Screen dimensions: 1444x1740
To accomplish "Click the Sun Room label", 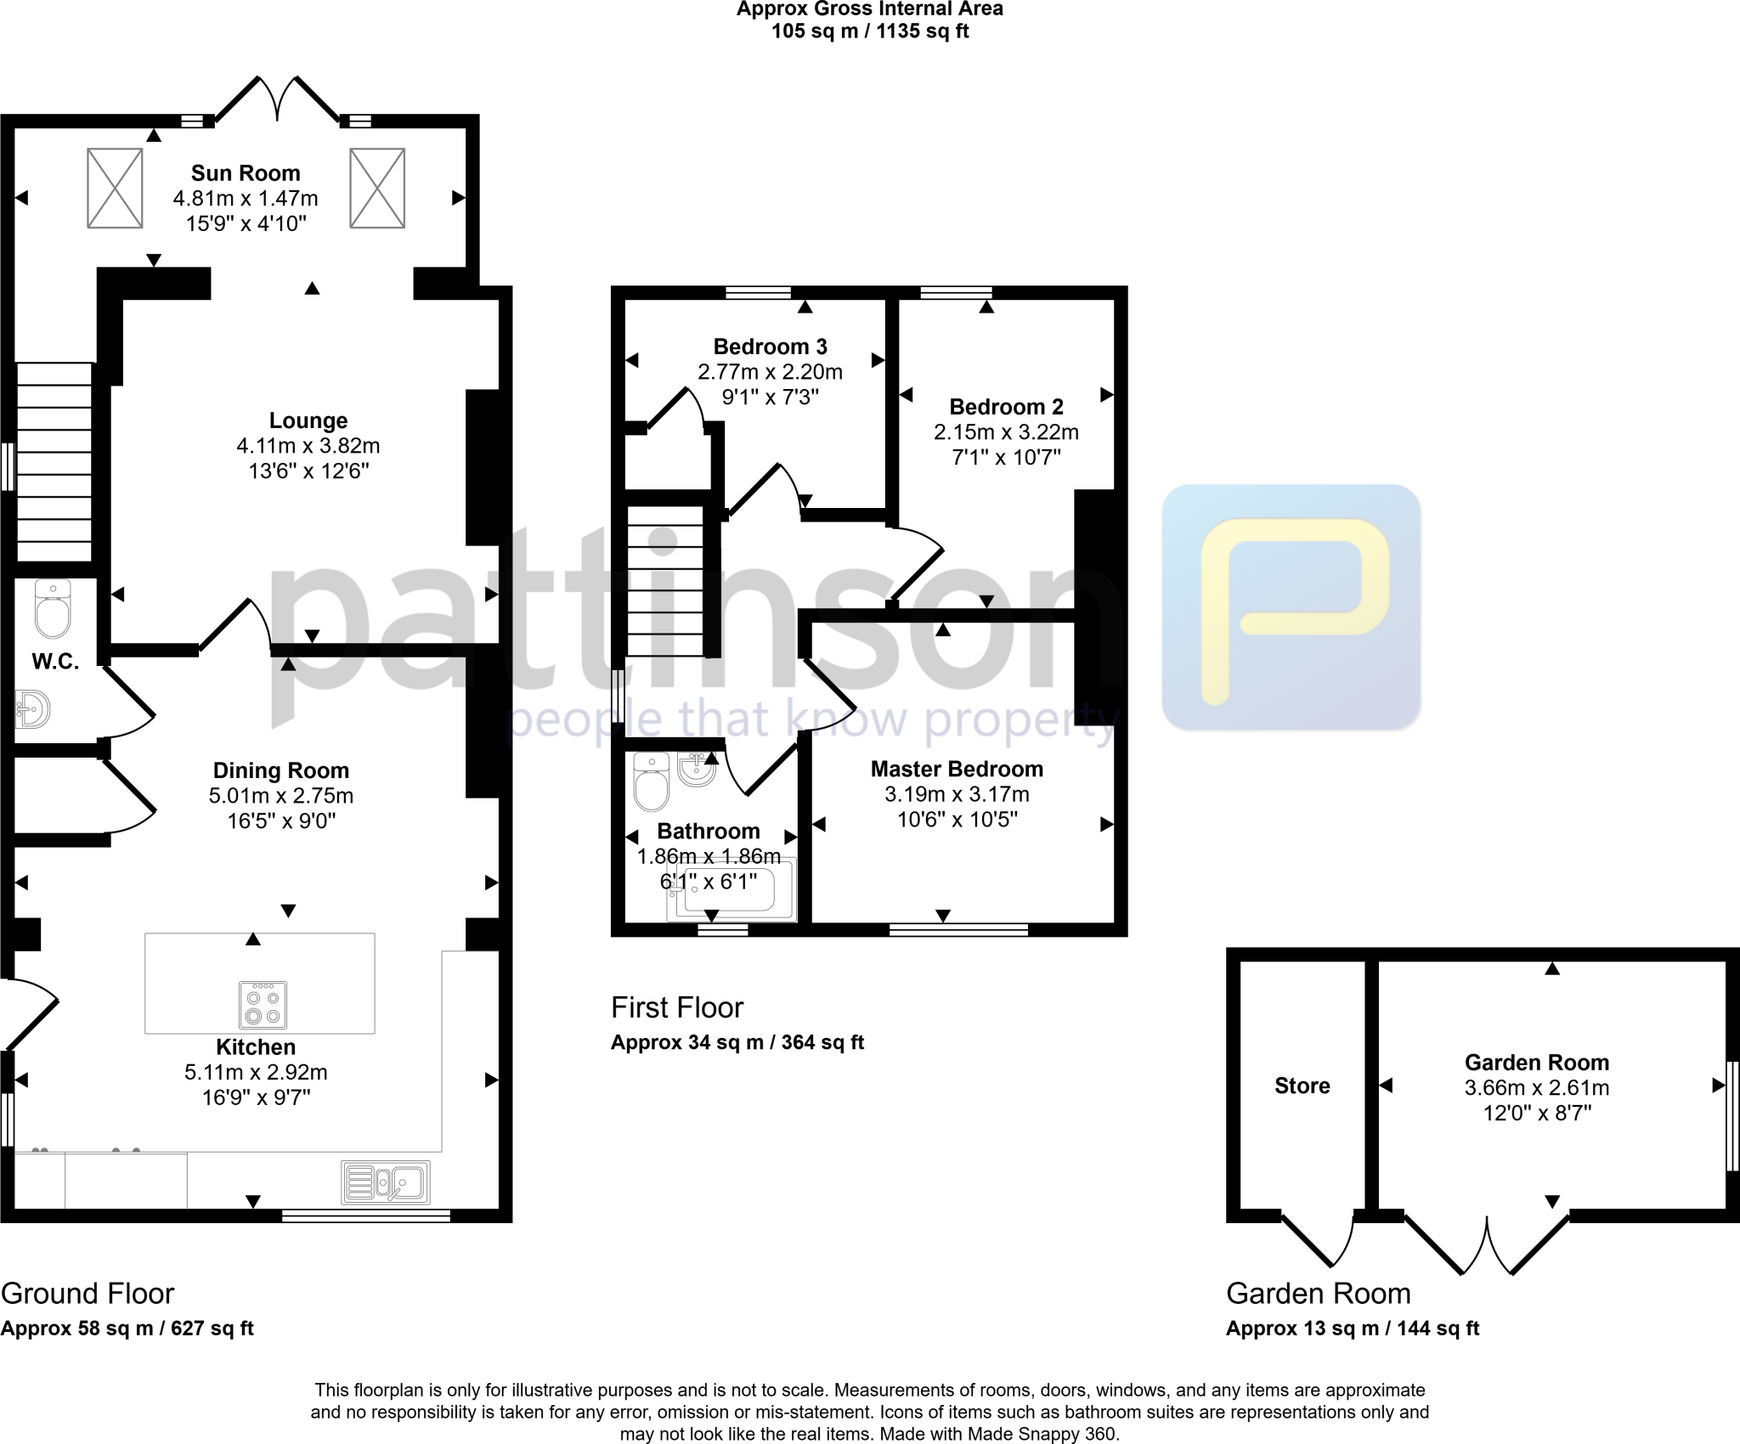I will (246, 173).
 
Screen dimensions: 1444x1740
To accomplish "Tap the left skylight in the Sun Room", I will (115, 188).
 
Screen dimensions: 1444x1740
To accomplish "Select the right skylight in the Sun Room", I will (377, 188).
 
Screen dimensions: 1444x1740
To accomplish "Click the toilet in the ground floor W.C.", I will (53, 610).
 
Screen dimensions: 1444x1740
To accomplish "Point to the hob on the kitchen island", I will (263, 1005).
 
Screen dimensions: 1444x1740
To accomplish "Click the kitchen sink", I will (386, 1182).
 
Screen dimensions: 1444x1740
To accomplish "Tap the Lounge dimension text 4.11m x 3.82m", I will (308, 445).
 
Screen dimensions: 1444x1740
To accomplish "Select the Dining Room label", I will (281, 770).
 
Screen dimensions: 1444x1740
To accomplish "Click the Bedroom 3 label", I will (770, 347).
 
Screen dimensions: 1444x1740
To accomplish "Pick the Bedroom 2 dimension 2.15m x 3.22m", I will (1006, 432).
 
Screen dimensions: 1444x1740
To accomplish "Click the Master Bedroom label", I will (957, 769).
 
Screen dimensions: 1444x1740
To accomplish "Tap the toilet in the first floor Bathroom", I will (652, 781).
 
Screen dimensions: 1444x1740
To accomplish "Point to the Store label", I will (1302, 1086).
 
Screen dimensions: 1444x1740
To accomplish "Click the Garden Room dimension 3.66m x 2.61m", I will (1536, 1087).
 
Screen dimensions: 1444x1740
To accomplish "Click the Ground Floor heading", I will (88, 1294).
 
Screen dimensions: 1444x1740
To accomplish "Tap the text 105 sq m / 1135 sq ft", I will (870, 32).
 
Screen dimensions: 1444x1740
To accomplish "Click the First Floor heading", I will (677, 1007).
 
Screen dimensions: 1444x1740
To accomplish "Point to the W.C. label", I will (56, 662).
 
